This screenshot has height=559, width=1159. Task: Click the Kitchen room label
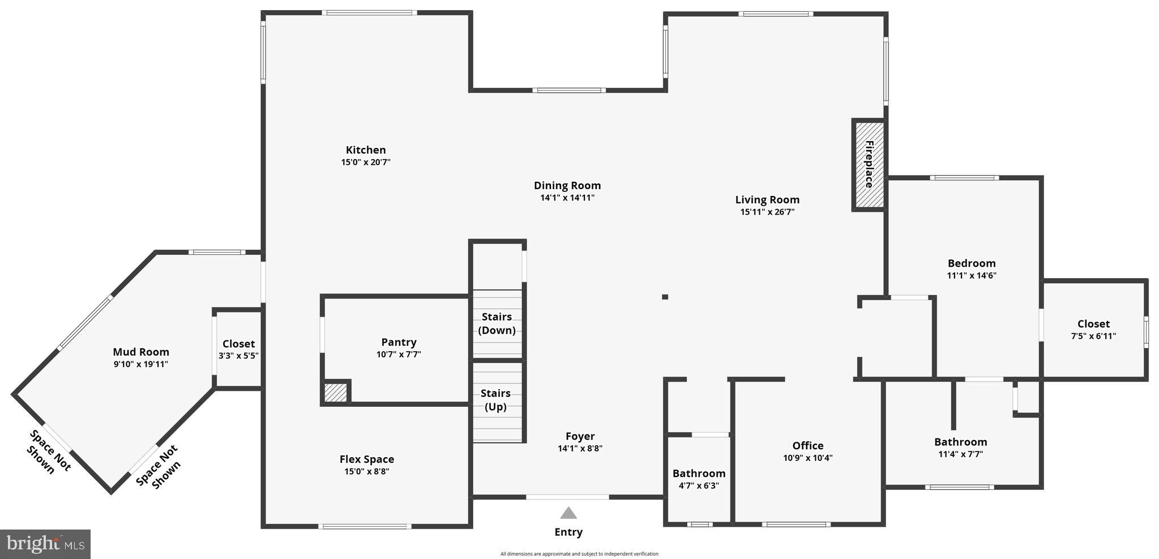click(366, 150)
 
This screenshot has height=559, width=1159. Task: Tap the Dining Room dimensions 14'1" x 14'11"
click(567, 198)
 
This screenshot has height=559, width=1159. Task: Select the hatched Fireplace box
click(869, 165)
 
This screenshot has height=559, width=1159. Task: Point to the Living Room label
click(767, 200)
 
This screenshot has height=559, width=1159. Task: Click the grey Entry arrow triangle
click(568, 513)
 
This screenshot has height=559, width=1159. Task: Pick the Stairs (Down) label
click(497, 323)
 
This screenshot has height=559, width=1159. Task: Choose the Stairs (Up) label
click(495, 400)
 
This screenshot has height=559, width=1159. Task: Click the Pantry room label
click(399, 342)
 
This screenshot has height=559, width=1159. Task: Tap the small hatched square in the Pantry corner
click(336, 392)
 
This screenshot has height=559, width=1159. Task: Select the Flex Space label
click(367, 459)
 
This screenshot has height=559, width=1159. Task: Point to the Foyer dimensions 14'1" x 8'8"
click(580, 449)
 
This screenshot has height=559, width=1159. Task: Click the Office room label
click(807, 446)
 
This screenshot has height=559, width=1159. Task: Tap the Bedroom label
click(972, 263)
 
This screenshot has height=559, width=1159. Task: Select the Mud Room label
click(141, 352)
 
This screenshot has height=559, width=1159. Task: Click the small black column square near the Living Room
click(665, 297)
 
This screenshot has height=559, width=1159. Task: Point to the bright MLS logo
click(45, 544)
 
